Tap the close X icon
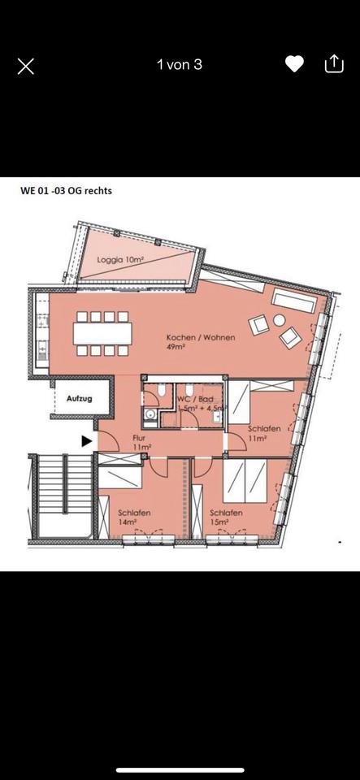point(26,66)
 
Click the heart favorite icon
point(294,64)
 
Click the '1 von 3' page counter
point(180,64)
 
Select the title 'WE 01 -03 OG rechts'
point(66,192)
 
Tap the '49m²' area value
point(176,348)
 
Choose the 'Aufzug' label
point(79,399)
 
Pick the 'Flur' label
point(139,437)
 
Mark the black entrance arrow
point(85,441)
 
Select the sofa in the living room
point(293,301)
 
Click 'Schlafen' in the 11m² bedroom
point(264,427)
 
